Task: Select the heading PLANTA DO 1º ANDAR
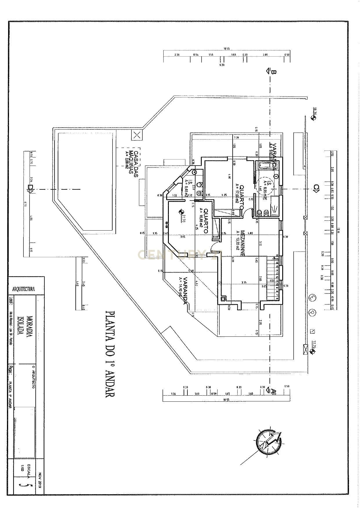point(110,354)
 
